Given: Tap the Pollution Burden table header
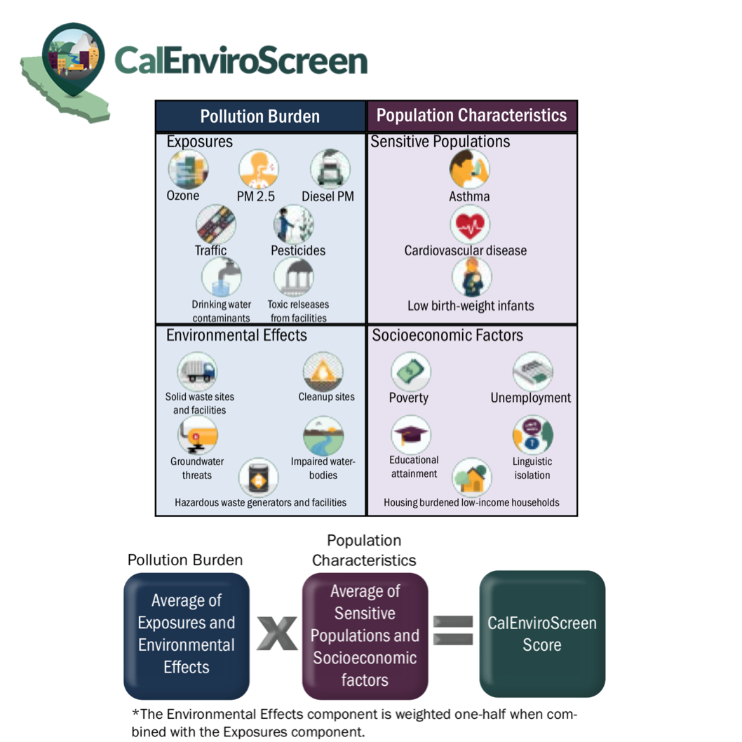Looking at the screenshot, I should tap(260, 116).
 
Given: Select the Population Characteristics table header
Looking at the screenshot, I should tap(471, 116).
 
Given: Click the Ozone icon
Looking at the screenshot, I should tap(188, 169).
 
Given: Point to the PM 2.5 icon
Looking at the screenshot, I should tap(259, 169).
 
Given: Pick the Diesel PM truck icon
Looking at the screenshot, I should tap(330, 169).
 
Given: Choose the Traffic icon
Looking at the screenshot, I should tap(216, 224).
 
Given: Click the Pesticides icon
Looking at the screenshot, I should tap(293, 224).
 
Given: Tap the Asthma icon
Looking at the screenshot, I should tap(469, 169).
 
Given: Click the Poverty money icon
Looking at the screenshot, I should tap(410, 372).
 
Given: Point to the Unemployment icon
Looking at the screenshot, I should tap(532, 372).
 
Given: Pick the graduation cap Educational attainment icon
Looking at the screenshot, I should tap(411, 435).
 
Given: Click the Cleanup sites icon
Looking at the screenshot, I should tap(323, 372).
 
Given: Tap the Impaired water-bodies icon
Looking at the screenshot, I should tap(323, 436).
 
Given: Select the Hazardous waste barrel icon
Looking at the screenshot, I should tap(258, 478).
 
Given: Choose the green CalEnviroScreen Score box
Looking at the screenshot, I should tap(542, 633).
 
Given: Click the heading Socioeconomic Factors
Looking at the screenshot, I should tap(447, 335).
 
